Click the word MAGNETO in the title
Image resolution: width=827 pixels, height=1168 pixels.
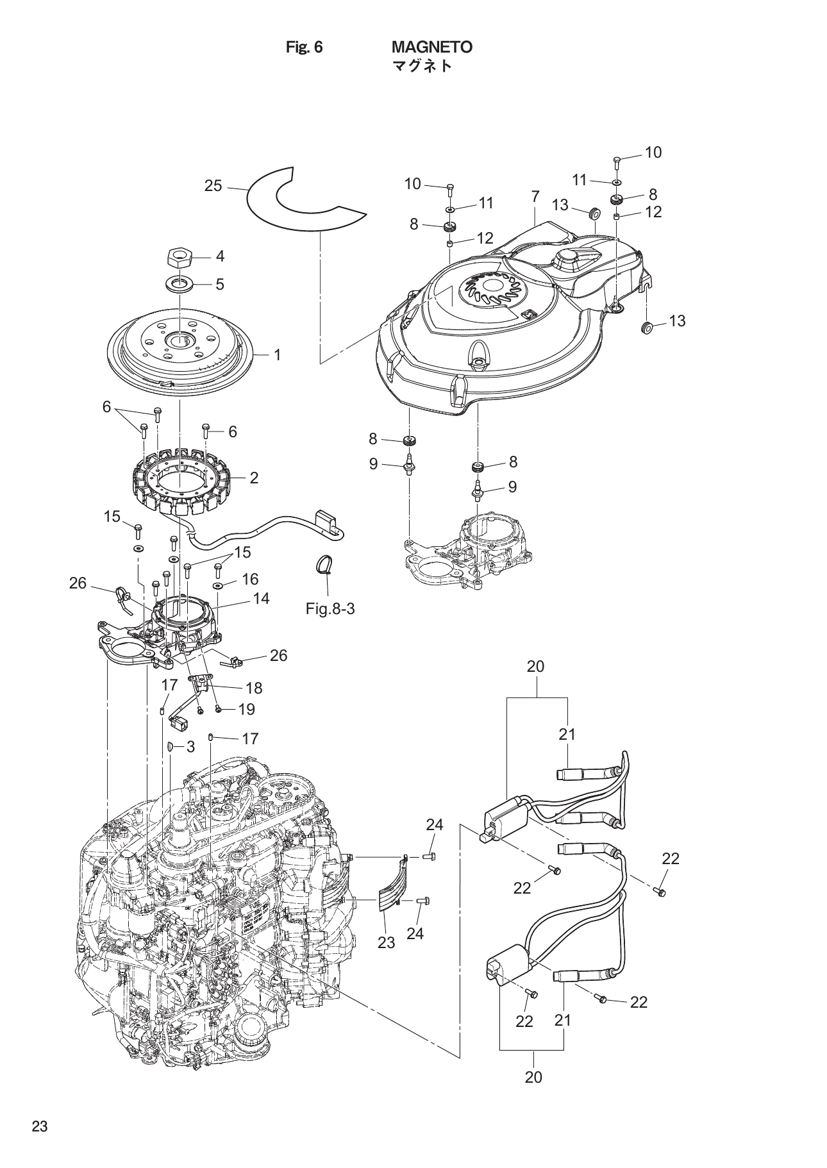[x=431, y=47]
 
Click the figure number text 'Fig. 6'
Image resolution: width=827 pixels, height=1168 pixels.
[x=304, y=47]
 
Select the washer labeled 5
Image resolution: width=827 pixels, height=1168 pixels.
[x=179, y=282]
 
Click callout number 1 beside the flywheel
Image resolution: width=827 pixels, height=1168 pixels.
[x=278, y=355]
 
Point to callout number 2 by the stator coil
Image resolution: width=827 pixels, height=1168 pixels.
[x=254, y=478]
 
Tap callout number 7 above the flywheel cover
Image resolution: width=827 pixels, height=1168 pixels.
[x=535, y=197]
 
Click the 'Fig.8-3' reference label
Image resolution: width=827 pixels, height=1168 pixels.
[x=330, y=609]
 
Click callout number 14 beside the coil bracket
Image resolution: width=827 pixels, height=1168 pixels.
[x=261, y=598]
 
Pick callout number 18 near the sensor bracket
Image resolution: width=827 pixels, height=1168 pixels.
[x=254, y=688]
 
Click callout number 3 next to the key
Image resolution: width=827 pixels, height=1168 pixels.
[x=190, y=746]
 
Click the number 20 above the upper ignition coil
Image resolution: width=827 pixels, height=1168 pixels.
[x=535, y=666]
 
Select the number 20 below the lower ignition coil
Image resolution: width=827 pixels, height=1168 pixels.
[x=533, y=1078]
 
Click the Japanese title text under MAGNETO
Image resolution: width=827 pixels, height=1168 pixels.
[x=421, y=65]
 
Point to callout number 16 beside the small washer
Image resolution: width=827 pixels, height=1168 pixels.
[x=250, y=579]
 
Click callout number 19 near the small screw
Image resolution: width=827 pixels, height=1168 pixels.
[x=246, y=709]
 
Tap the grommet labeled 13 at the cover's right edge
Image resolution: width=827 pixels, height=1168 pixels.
[x=647, y=329]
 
